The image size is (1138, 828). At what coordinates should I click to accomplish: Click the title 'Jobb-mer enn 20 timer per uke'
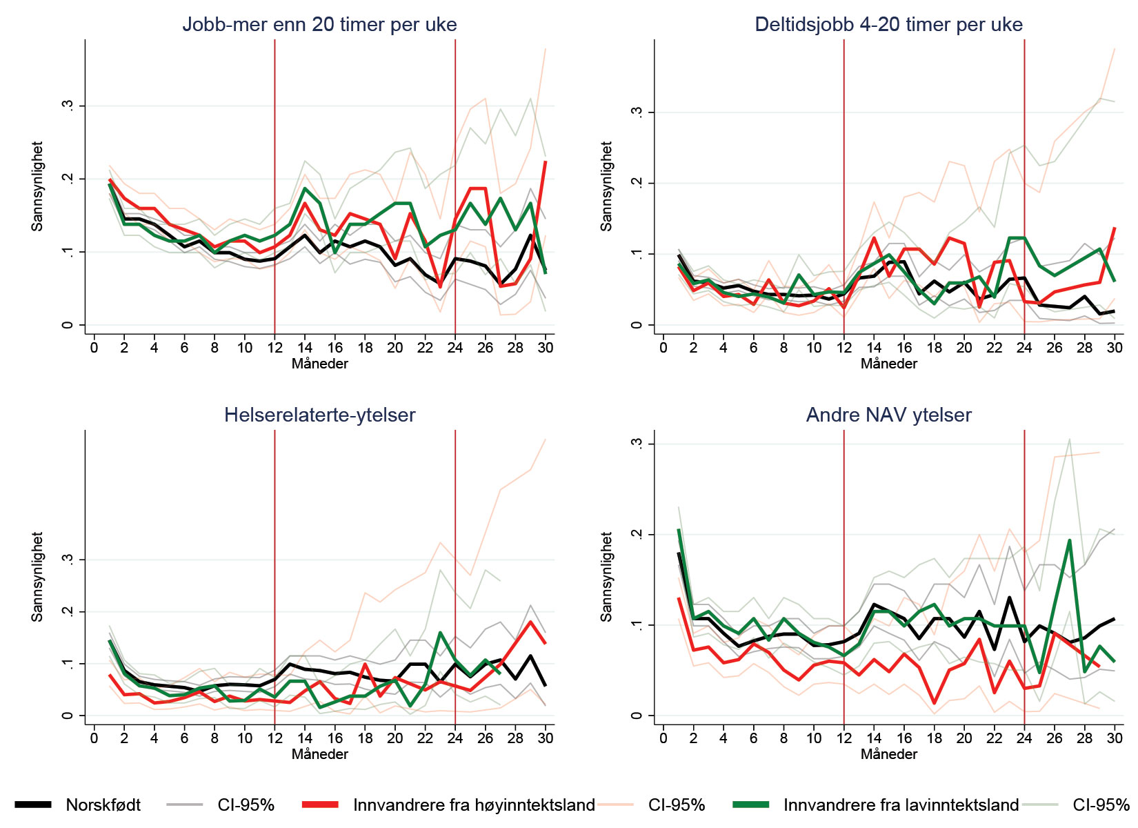[x=319, y=25]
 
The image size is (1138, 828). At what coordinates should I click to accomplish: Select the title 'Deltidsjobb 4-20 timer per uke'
[x=888, y=25]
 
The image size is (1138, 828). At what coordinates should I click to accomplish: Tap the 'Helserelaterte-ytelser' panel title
[x=319, y=415]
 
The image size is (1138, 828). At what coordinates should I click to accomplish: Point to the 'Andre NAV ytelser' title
[x=888, y=415]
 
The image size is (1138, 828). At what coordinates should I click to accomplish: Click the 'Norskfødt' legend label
[x=103, y=805]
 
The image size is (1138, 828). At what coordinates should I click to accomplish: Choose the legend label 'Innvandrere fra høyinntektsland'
[x=474, y=805]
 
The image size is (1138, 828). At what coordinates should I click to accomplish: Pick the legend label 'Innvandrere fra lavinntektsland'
[x=901, y=805]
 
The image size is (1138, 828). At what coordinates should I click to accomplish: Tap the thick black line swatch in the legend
[x=32, y=805]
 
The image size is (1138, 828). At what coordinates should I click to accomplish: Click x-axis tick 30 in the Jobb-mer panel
[x=546, y=348]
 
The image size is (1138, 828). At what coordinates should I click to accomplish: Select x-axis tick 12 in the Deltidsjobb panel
[x=843, y=348]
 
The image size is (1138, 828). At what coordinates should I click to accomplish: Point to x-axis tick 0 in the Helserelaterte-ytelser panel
[x=94, y=738]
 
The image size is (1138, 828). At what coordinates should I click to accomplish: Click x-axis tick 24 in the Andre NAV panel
[x=1024, y=738]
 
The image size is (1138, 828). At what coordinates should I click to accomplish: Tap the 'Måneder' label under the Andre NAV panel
[x=888, y=754]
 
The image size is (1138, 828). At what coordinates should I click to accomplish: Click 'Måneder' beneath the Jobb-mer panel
[x=319, y=364]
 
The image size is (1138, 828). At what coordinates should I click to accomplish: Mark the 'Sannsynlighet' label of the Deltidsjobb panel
[x=606, y=186]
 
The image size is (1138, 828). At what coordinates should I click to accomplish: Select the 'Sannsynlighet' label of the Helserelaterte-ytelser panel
[x=37, y=577]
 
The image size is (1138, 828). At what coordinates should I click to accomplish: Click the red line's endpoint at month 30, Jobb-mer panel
[x=546, y=161]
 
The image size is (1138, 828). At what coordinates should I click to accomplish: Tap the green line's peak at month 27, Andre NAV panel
[x=1069, y=540]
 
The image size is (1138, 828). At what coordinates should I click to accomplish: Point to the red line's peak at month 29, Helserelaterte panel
[x=530, y=622]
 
